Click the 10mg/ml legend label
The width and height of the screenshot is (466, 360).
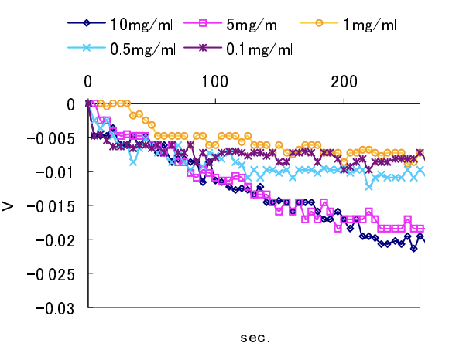(141, 25)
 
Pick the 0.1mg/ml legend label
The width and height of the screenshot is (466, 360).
(259, 49)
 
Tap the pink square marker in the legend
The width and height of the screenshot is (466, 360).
(203, 25)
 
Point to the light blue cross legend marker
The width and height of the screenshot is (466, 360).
(87, 49)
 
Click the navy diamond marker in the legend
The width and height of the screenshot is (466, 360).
(87, 25)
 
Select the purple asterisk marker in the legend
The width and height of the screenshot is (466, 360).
(203, 49)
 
